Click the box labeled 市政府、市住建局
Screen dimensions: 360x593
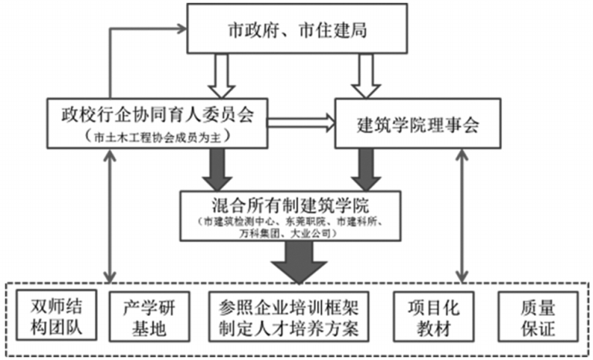[296, 31]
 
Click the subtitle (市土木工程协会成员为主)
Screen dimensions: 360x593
[158, 137]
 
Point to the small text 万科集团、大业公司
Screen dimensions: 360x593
[296, 233]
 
